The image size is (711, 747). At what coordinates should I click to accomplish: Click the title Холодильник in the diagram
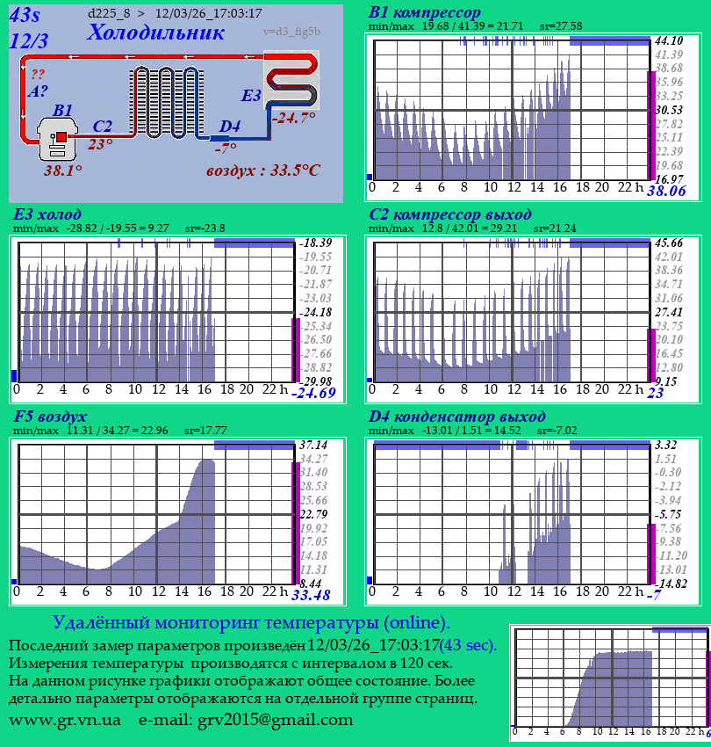(x=155, y=33)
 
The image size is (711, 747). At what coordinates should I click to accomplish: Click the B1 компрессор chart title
(x=425, y=12)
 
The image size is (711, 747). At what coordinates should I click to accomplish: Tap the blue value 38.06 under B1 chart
(x=666, y=191)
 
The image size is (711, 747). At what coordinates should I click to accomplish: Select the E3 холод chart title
(x=47, y=214)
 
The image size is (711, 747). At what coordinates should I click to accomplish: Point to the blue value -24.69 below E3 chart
(x=313, y=393)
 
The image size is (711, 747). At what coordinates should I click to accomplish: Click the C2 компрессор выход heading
(x=449, y=214)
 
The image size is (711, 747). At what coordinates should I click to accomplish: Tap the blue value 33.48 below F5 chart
(x=311, y=595)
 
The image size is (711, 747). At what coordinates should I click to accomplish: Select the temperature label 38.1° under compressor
(x=63, y=170)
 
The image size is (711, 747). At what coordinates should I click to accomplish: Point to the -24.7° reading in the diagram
(x=293, y=117)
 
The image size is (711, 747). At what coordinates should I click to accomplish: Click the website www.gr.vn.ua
(x=65, y=720)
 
